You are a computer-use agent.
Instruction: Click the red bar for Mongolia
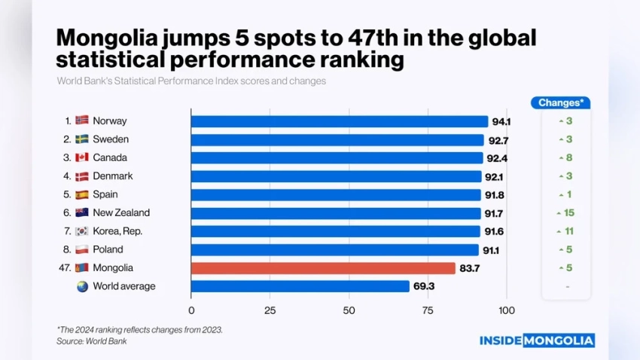(x=323, y=268)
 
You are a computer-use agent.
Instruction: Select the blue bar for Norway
(x=339, y=121)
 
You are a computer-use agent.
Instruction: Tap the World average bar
(x=300, y=286)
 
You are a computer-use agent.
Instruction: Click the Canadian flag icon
(x=82, y=157)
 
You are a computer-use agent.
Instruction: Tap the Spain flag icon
(x=82, y=194)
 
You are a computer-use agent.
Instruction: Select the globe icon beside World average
(x=82, y=286)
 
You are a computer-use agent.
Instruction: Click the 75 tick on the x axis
(x=428, y=310)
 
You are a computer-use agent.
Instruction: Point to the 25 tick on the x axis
(x=270, y=310)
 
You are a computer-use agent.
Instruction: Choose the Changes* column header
(x=565, y=103)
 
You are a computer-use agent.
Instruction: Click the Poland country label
(x=108, y=249)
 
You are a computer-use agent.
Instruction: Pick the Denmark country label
(x=112, y=176)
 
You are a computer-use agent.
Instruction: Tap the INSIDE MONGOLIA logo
(x=537, y=340)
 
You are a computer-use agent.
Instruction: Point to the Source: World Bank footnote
(x=91, y=341)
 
